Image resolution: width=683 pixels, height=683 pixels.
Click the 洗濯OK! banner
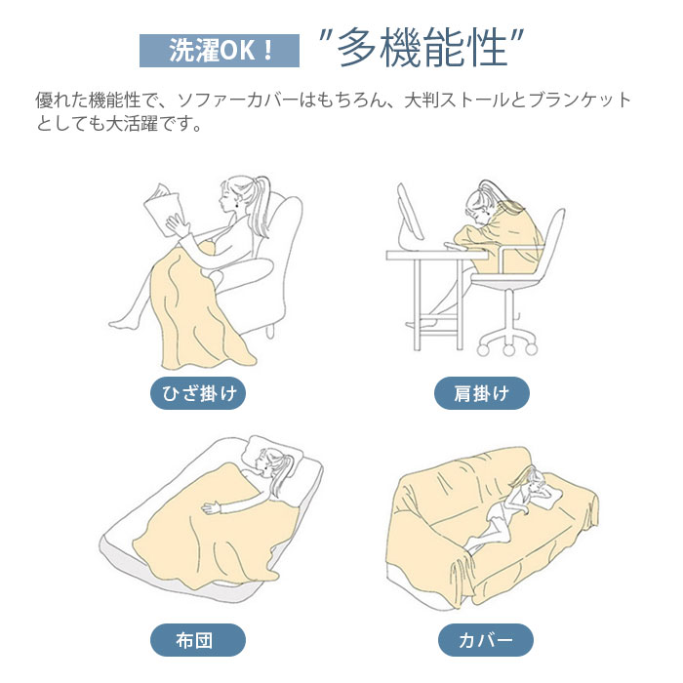(220, 51)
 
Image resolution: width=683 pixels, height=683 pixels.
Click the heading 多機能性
(422, 48)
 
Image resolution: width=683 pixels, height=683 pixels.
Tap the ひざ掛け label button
(198, 393)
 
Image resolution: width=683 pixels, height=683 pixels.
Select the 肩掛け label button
(482, 393)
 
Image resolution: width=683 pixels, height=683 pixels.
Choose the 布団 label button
(198, 640)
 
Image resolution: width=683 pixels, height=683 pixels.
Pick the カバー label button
(486, 640)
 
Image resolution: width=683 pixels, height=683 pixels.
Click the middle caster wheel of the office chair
(508, 349)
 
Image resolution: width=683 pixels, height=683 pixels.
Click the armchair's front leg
(270, 331)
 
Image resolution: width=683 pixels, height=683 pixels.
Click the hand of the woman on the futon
(212, 507)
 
